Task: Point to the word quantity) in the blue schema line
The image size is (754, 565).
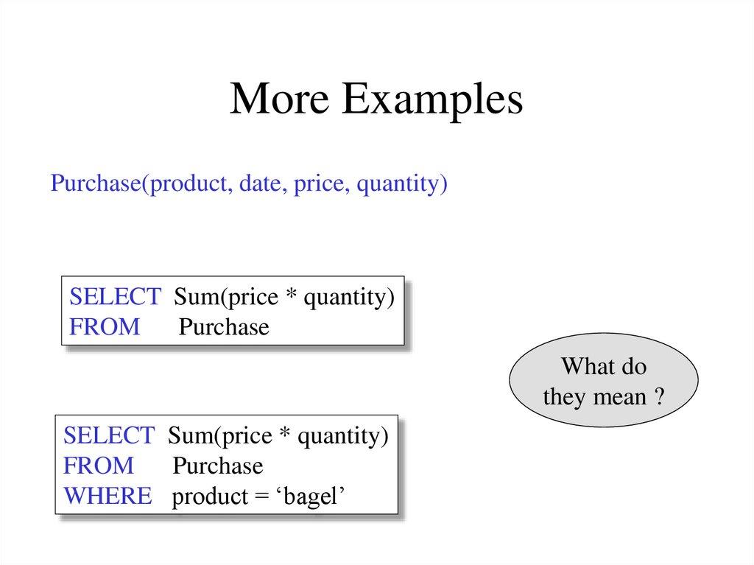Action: point(402,184)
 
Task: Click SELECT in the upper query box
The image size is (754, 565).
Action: point(115,297)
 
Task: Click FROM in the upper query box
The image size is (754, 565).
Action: point(105,327)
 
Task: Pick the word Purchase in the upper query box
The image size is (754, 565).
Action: point(224,327)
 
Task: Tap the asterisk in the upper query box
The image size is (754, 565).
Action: point(291,295)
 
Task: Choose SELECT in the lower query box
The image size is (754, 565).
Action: point(109,436)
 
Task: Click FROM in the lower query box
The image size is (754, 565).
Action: point(99,466)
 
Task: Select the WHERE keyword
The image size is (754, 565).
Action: point(108,496)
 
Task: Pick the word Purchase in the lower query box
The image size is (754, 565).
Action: point(218,466)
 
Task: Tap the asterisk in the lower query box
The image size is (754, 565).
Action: point(285,435)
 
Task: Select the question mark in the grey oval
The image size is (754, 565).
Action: point(660,398)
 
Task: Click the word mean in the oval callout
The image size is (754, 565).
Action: point(618,398)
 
